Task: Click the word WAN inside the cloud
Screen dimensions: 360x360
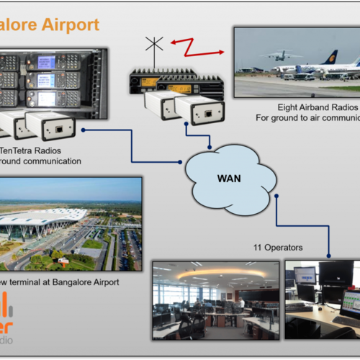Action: pos(229,176)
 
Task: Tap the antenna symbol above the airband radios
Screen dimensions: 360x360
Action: pos(153,47)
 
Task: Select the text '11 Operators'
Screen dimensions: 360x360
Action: pos(277,247)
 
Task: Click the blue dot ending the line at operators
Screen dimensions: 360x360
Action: pos(329,253)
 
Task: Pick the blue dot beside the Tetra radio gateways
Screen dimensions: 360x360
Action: pos(85,130)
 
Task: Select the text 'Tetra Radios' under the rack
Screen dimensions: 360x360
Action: pos(36,150)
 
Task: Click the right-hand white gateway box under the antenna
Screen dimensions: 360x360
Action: pos(199,109)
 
